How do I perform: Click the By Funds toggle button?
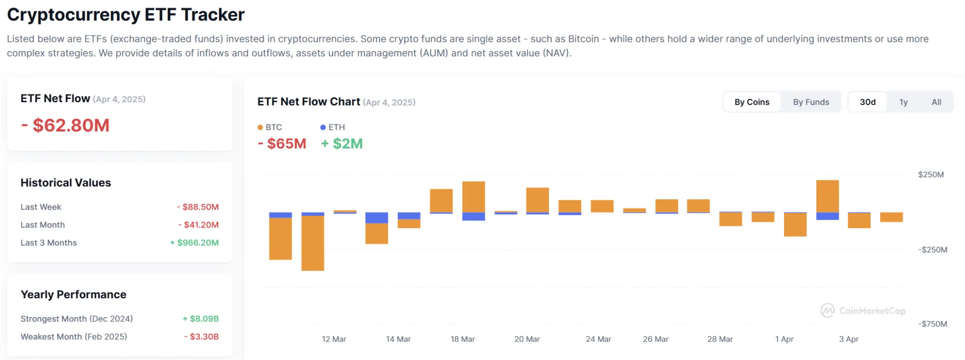(810, 102)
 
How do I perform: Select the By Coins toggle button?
(752, 102)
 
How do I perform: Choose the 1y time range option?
(903, 102)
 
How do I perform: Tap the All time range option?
(936, 102)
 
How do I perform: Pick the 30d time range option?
(867, 102)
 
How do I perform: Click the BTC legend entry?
(270, 127)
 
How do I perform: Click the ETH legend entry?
(333, 127)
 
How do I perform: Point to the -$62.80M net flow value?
(65, 125)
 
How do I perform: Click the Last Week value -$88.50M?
(197, 207)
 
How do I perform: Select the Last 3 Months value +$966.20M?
(194, 243)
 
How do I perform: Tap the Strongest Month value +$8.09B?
(200, 319)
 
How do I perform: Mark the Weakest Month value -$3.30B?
(201, 336)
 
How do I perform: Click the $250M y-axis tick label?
(930, 175)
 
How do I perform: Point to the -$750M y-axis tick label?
(932, 324)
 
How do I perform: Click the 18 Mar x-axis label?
(462, 339)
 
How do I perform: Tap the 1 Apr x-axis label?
(784, 339)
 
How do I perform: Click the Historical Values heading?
(66, 183)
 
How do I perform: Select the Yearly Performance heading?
(74, 295)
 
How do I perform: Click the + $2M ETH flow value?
(342, 144)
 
